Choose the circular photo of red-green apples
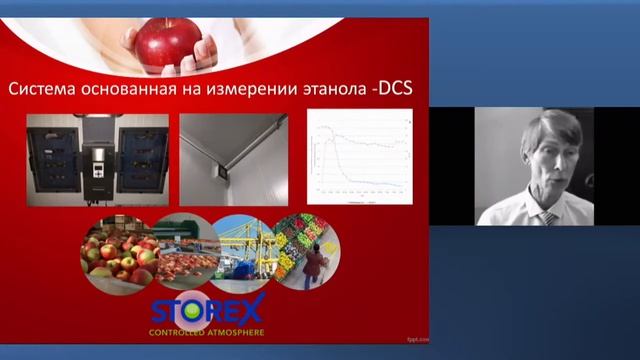(x=118, y=254)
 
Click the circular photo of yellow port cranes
(x=240, y=252)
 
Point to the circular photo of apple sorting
(x=179, y=254)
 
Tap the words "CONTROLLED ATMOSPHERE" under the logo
(x=206, y=331)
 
